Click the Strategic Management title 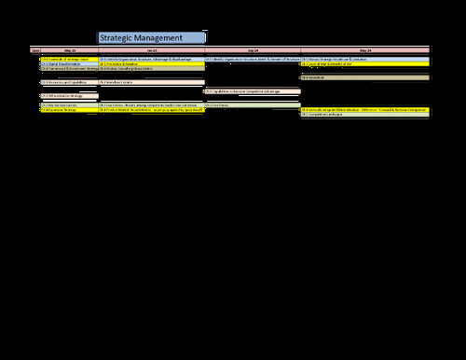coord(151,37)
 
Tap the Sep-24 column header coord(252,49)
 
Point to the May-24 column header coord(363,49)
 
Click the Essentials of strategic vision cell coord(69,59)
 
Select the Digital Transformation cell coord(69,63)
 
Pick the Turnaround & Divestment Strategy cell coord(69,69)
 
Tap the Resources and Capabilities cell coord(69,83)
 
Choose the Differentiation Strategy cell coord(69,95)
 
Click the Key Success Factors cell coord(69,105)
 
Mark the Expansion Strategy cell coord(69,111)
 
